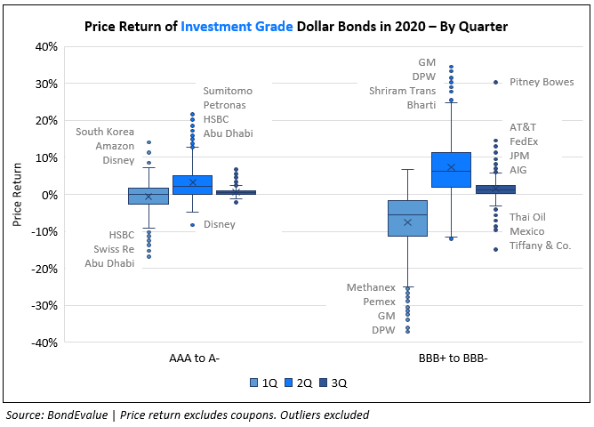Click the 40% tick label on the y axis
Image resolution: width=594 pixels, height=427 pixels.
(46, 46)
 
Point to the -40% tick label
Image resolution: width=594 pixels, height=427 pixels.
(44, 342)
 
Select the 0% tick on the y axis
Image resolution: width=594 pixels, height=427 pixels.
(50, 195)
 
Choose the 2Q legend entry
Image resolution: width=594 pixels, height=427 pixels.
(299, 383)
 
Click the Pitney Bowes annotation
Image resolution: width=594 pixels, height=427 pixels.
(542, 83)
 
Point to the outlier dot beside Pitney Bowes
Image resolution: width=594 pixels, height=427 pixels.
(495, 83)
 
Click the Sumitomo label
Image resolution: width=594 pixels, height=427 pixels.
(228, 91)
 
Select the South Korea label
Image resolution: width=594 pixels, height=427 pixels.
(104, 132)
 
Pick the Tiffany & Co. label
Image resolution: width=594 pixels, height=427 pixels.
(541, 246)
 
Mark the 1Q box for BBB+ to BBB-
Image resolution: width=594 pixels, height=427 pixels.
(407, 218)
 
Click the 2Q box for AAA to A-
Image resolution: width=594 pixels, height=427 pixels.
(192, 185)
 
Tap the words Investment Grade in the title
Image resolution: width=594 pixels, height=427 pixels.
(237, 27)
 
